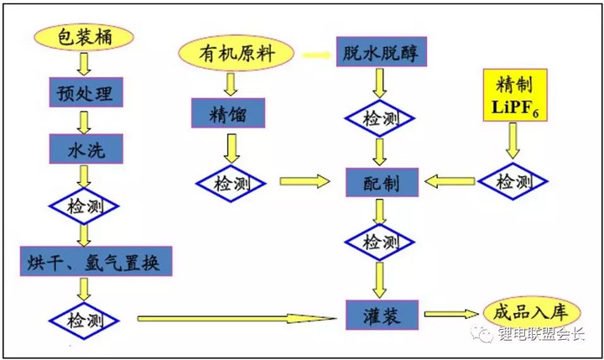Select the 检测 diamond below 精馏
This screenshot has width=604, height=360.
point(228,180)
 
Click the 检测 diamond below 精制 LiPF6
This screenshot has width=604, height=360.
point(513,182)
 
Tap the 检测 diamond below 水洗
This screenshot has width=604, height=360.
point(83,206)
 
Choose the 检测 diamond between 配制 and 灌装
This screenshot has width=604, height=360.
point(382,243)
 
